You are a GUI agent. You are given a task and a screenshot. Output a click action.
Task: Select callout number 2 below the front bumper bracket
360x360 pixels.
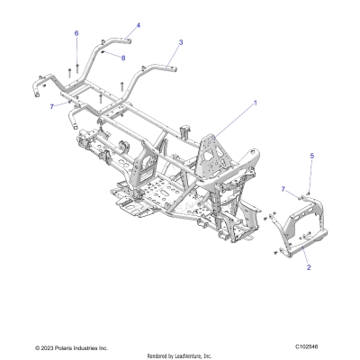309,267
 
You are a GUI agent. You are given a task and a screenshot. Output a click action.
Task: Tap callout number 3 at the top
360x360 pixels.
181,42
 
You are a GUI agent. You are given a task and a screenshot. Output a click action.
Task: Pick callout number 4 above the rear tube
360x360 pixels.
138,25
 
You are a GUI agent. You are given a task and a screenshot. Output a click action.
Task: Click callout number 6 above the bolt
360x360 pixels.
76,33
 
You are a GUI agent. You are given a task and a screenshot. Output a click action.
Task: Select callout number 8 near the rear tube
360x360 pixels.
124,58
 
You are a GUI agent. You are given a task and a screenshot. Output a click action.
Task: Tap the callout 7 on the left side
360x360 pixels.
52,105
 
